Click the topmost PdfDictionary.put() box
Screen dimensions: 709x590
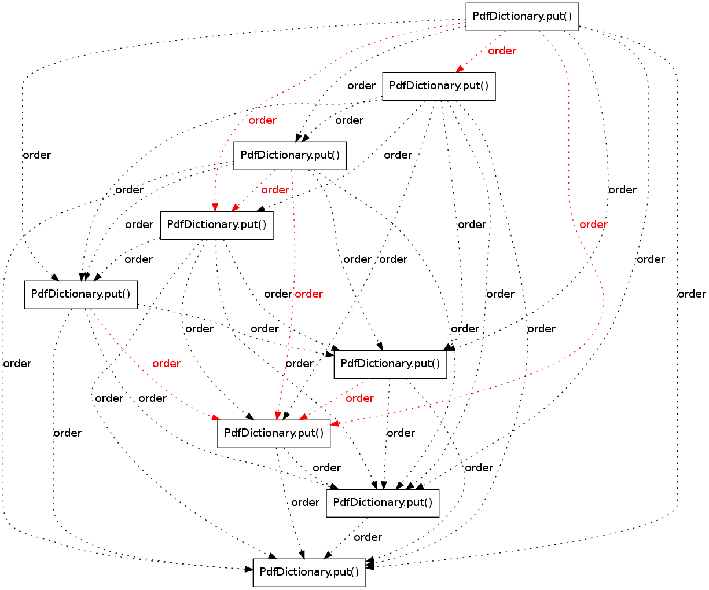click(x=522, y=17)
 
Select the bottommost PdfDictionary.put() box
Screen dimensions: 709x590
click(x=309, y=573)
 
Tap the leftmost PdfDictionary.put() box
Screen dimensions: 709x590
click(x=81, y=295)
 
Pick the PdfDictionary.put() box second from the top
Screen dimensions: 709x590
click(x=439, y=86)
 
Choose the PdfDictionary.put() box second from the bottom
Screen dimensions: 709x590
click(x=383, y=503)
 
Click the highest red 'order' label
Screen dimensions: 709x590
click(x=502, y=51)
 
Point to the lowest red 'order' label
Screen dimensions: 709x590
click(x=359, y=398)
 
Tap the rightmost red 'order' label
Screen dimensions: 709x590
click(x=593, y=225)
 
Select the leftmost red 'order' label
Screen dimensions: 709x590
click(x=166, y=364)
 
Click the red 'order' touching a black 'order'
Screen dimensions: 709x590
click(x=308, y=294)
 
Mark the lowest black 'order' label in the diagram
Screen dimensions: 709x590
click(x=368, y=537)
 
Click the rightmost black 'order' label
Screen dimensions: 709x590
click(x=692, y=294)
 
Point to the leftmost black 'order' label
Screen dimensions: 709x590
click(x=17, y=364)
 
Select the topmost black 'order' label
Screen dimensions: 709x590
click(x=361, y=86)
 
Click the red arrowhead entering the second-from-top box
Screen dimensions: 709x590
click(x=460, y=69)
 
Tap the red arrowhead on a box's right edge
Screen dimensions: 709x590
click(x=335, y=424)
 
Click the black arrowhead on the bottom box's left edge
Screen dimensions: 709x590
click(x=248, y=569)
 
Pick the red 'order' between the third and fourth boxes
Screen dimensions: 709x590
click(x=275, y=190)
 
